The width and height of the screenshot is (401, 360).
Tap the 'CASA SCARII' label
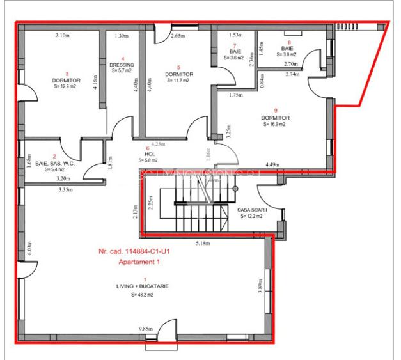251,209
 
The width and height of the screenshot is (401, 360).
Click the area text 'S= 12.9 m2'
64,87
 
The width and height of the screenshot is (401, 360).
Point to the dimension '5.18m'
203,243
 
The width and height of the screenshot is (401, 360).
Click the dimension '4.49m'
274,164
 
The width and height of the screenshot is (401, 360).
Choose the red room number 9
275,110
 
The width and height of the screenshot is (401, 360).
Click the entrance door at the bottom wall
167,331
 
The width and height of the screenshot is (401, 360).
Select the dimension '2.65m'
178,36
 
